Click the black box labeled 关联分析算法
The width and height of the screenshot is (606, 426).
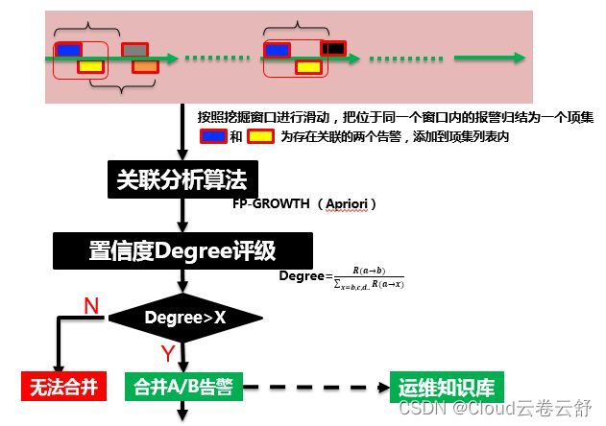[180, 178]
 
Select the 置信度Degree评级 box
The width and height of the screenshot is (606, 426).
[182, 251]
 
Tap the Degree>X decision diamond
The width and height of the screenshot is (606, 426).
[184, 317]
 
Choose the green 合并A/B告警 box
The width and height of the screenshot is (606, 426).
[184, 388]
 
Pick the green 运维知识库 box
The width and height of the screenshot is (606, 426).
[447, 388]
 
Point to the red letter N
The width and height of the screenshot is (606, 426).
[91, 305]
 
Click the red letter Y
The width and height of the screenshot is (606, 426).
[167, 354]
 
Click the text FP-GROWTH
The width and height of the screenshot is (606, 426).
[271, 205]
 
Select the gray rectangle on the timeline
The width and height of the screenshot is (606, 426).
[134, 49]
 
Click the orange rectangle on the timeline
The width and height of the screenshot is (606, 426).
[145, 66]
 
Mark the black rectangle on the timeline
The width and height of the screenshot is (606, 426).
[332, 48]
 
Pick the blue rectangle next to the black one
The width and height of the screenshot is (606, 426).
[278, 50]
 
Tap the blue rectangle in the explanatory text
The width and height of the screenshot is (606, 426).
[212, 136]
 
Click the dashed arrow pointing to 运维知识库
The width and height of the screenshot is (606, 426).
[317, 388]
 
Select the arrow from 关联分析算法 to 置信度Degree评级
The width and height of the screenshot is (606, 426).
[182, 215]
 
